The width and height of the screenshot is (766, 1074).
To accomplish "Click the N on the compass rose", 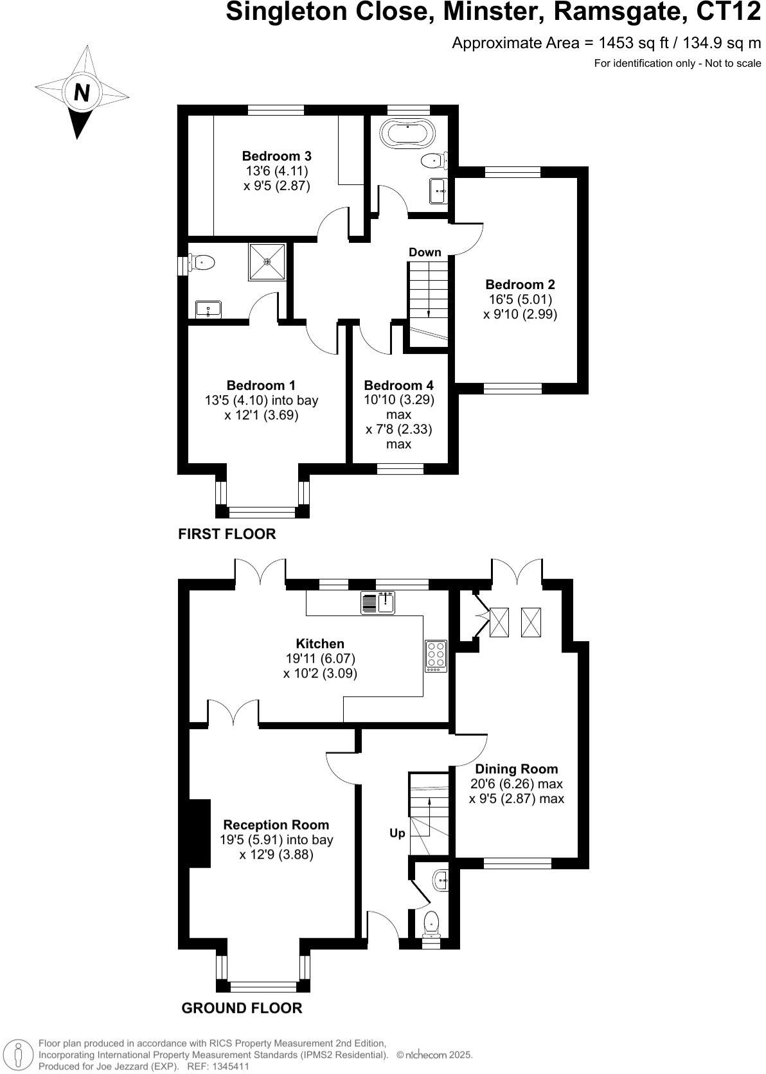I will [81, 93].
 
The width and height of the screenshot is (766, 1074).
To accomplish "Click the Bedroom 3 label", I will [276, 156].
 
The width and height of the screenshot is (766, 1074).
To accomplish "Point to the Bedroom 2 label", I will [520, 285].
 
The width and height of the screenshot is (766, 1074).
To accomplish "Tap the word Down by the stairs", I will [425, 252].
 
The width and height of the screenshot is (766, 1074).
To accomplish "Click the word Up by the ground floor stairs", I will [397, 833].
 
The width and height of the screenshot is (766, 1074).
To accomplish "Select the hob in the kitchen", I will [435, 655].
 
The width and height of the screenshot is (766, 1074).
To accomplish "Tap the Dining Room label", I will [516, 769].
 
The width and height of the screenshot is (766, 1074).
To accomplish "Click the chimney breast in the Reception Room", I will [199, 833].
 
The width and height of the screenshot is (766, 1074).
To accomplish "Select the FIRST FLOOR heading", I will [227, 534].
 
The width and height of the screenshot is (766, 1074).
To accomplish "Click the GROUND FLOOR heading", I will [242, 1008].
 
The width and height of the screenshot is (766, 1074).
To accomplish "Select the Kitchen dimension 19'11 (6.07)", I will [320, 658].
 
